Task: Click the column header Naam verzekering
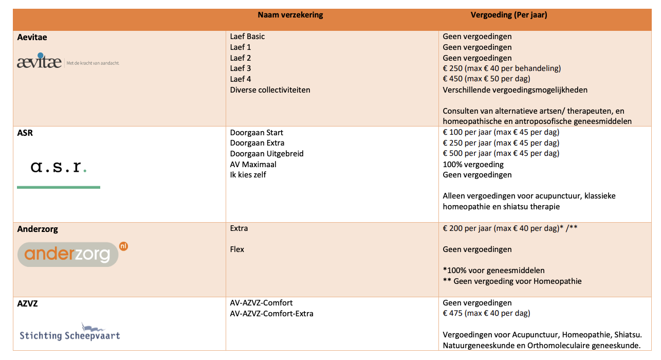pos(290,15)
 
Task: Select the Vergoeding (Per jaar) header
pos(509,15)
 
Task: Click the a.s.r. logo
pos(59,167)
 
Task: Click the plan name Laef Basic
pos(248,37)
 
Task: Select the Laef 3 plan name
pos(241,68)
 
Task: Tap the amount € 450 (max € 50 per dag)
pos(486,79)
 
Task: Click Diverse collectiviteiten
pos(270,90)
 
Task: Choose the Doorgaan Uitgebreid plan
pos(267,154)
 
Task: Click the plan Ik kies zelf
pos(248,175)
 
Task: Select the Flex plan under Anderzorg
pos(237,249)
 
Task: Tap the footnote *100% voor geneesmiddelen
pos(493,271)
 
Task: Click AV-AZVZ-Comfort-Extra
pos(272,314)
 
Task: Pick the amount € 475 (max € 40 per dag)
pos(486,313)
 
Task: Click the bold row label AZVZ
pos(28,303)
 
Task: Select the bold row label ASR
pos(25,133)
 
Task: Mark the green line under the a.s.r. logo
pos(59,187)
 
